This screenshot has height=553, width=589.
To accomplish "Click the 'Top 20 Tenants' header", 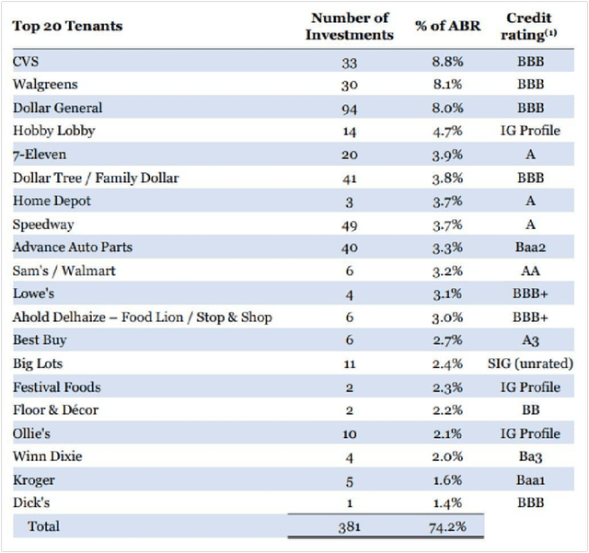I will tap(67, 26).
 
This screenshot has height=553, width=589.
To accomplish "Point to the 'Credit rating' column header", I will tap(529, 26).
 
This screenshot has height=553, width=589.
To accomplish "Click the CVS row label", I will tap(27, 61).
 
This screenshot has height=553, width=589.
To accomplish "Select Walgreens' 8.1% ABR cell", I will tap(445, 84).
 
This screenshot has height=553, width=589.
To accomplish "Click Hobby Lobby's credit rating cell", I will tap(529, 131).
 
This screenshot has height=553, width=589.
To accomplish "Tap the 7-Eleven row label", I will tap(40, 154).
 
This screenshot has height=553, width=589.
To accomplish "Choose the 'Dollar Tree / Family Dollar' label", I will tap(96, 178).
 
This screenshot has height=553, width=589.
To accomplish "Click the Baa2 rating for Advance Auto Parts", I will tap(529, 247).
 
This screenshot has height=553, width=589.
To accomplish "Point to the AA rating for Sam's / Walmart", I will tap(529, 271).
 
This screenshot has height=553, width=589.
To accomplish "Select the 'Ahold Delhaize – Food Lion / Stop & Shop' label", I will tap(143, 317).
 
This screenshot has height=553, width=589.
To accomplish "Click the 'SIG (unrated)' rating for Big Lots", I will tap(529, 363).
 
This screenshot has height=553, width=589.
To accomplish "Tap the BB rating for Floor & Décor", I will tap(529, 410).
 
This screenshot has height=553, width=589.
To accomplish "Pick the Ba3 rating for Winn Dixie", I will tap(529, 456).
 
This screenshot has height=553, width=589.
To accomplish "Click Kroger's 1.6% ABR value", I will tap(445, 479).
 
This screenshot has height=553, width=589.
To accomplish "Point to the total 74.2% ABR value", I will tap(445, 526).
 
